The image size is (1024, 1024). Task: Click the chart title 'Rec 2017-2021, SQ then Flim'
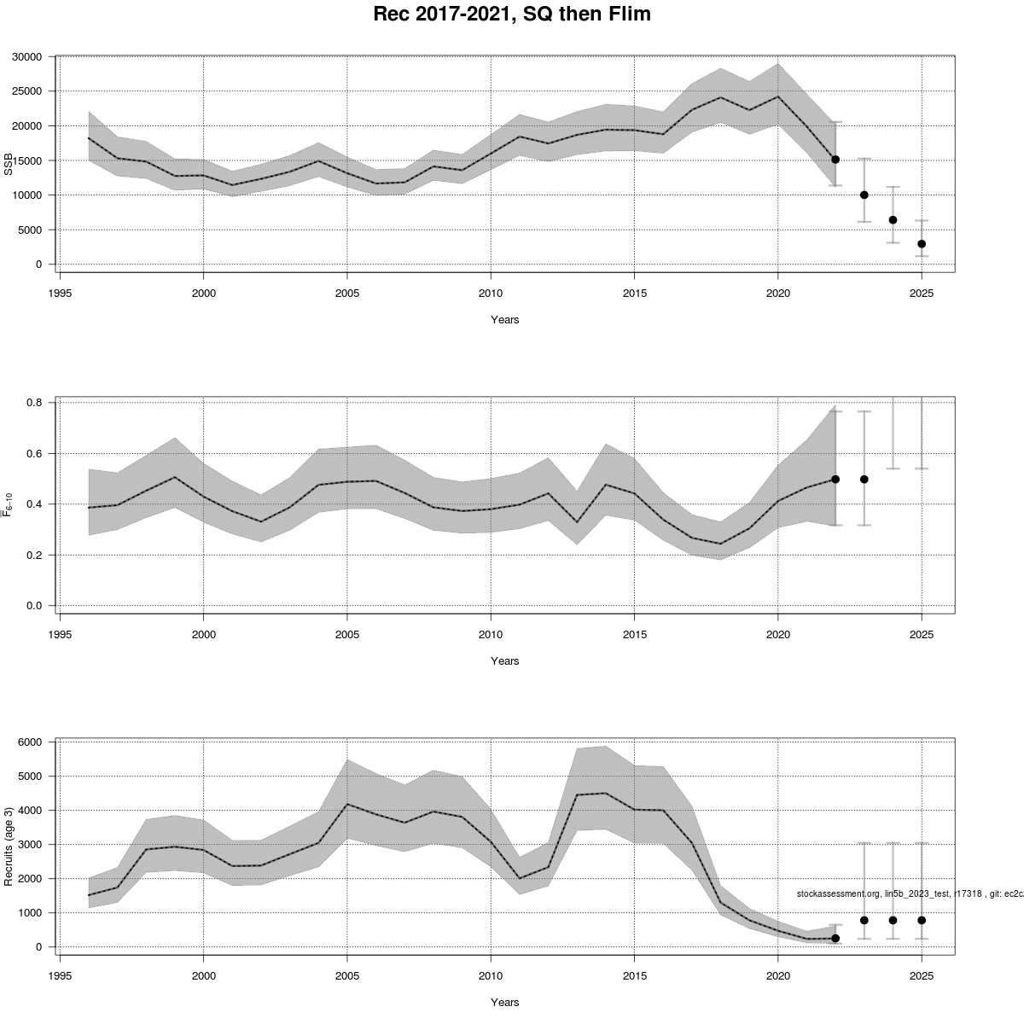[512, 15]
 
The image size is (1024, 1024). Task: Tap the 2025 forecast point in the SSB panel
[922, 244]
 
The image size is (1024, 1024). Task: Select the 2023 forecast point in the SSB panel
[864, 195]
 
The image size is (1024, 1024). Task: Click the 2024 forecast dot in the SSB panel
[893, 220]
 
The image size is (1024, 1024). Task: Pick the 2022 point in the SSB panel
[835, 160]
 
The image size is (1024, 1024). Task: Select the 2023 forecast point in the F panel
[864, 480]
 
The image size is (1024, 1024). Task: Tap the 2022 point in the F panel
[835, 480]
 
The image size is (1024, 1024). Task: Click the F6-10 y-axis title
[9, 503]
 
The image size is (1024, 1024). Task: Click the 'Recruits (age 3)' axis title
[9, 846]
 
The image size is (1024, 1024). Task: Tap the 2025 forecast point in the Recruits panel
[922, 920]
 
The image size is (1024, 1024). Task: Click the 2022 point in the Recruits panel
[835, 938]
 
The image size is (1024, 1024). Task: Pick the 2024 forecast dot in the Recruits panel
[893, 920]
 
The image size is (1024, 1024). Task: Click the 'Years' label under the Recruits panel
[505, 1002]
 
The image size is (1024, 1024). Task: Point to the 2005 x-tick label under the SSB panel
[346, 293]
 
